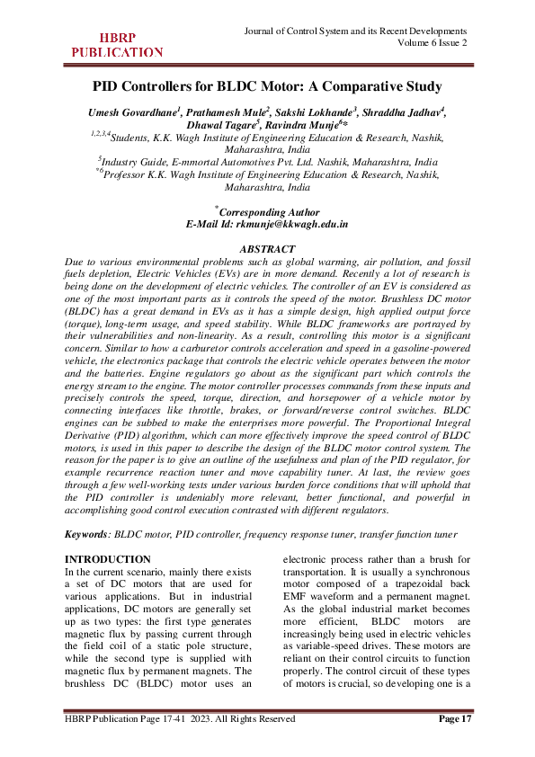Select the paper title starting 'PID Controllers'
coord(267,87)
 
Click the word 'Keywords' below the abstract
coord(87,534)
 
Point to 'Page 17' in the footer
coord(454,718)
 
